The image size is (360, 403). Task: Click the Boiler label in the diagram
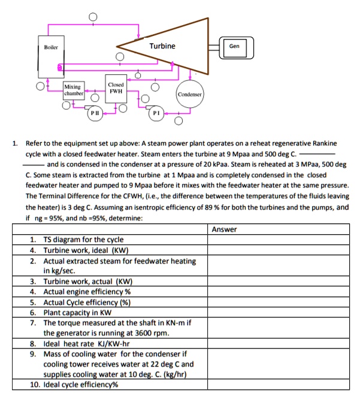[x=50, y=46]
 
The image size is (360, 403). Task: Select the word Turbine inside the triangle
[x=162, y=46]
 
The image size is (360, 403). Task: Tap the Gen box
[x=234, y=46]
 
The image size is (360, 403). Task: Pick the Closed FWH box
[x=116, y=88]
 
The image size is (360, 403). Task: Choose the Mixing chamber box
[x=75, y=90]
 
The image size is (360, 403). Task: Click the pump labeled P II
[x=95, y=113]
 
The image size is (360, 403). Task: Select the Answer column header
[x=225, y=229]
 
